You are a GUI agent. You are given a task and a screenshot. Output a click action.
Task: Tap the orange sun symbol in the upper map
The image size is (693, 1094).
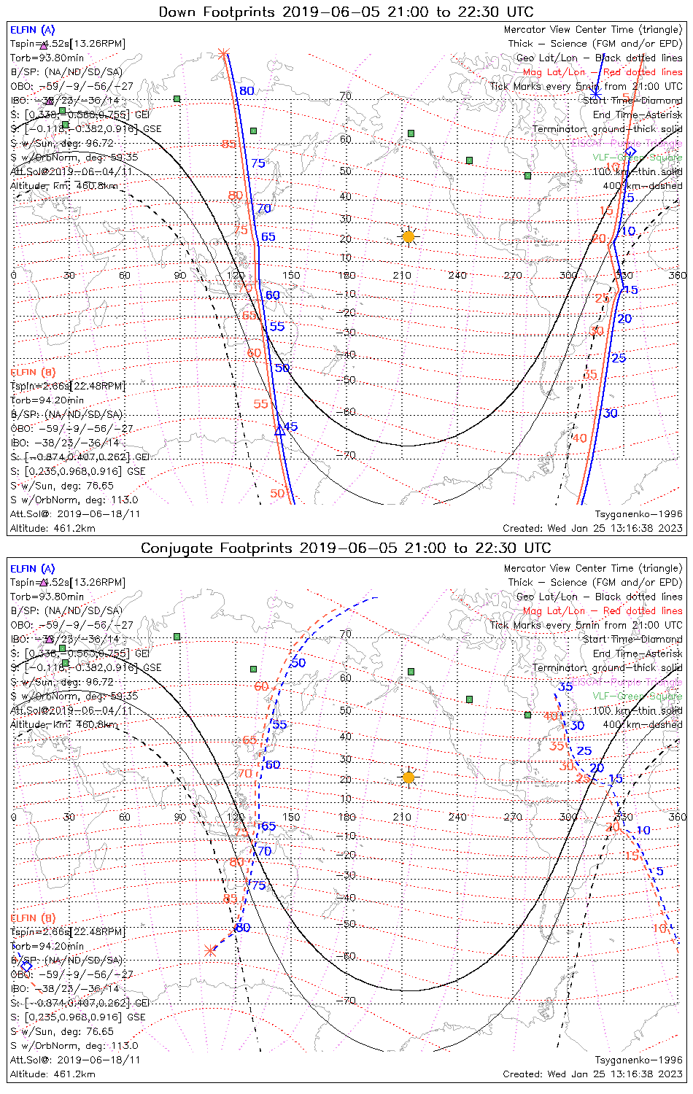click(408, 236)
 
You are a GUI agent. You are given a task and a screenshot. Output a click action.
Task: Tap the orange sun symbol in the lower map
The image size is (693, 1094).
click(408, 777)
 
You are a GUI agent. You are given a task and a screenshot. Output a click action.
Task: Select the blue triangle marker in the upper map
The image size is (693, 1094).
click(279, 430)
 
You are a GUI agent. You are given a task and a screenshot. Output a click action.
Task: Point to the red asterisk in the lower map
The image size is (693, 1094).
click(211, 950)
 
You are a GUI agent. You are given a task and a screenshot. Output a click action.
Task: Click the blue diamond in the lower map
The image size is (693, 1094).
click(26, 966)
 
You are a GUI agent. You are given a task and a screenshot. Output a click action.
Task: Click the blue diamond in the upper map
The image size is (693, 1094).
click(630, 151)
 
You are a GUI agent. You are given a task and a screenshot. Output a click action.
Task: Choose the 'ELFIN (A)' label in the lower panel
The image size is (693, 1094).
click(33, 568)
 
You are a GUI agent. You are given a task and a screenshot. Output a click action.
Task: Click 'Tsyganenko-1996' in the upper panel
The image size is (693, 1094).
click(638, 514)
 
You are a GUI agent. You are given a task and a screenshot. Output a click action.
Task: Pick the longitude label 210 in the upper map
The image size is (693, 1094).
click(402, 275)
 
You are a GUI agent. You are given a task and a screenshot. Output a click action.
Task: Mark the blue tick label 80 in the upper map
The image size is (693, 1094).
click(247, 90)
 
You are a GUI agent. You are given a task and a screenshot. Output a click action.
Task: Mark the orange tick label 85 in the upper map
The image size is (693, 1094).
click(229, 144)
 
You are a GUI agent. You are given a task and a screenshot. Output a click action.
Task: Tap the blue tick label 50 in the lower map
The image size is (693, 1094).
click(298, 662)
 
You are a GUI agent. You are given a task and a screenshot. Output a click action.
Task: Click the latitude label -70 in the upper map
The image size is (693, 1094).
click(349, 455)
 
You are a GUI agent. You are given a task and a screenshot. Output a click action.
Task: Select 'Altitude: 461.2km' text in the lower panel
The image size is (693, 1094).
click(53, 1074)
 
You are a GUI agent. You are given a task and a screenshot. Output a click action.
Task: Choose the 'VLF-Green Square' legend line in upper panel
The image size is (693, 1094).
click(637, 157)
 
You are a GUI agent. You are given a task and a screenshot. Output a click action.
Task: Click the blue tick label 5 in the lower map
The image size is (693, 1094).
click(659, 871)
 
